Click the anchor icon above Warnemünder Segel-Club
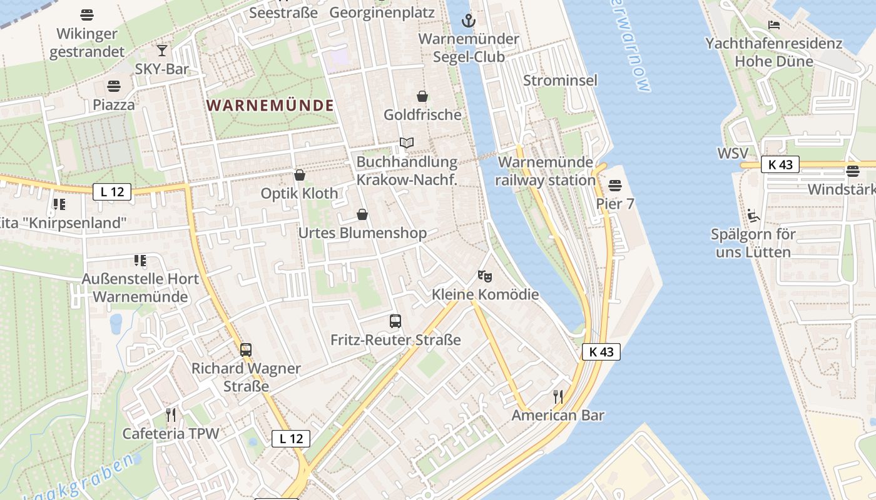click(x=468, y=21)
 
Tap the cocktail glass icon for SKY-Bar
click(x=162, y=51)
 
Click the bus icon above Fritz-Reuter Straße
click(x=395, y=321)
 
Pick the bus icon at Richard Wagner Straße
click(x=246, y=349)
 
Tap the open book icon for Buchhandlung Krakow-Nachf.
click(x=407, y=143)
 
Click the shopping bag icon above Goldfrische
click(x=422, y=96)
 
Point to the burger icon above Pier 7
click(x=614, y=185)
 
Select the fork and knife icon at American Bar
click(x=558, y=396)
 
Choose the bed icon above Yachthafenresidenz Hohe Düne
click(x=774, y=25)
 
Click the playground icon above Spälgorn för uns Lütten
click(x=753, y=216)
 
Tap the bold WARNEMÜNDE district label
click(x=270, y=106)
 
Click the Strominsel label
click(x=560, y=80)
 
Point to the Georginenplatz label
click(x=382, y=12)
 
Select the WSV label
click(x=733, y=153)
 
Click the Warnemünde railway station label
click(x=546, y=171)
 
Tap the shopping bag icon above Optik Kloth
click(x=300, y=175)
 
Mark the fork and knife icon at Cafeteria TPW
click(x=170, y=414)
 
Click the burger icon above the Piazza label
click(x=114, y=86)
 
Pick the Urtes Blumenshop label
click(x=362, y=233)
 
